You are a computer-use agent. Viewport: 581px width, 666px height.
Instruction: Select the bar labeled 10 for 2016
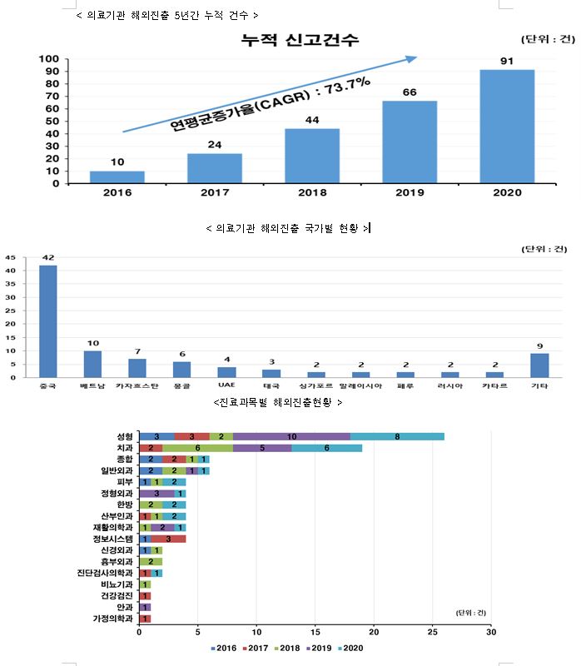117,176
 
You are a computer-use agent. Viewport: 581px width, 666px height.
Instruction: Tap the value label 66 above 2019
409,92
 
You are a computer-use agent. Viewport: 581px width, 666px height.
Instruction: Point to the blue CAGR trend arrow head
411,58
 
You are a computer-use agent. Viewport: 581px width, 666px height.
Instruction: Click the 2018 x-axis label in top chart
311,192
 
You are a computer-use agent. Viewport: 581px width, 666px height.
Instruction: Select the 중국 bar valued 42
48,321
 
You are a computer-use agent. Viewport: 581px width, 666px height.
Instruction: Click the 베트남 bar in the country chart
92,364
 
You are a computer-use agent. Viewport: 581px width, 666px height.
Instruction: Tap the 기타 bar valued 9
539,365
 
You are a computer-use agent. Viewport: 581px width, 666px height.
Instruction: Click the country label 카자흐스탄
137,387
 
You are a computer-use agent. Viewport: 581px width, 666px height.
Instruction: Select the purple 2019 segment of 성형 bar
291,436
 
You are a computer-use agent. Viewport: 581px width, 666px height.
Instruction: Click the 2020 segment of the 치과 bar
327,447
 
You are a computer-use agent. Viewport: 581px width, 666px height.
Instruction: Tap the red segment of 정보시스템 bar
168,538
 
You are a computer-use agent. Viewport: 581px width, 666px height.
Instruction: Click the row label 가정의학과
112,619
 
